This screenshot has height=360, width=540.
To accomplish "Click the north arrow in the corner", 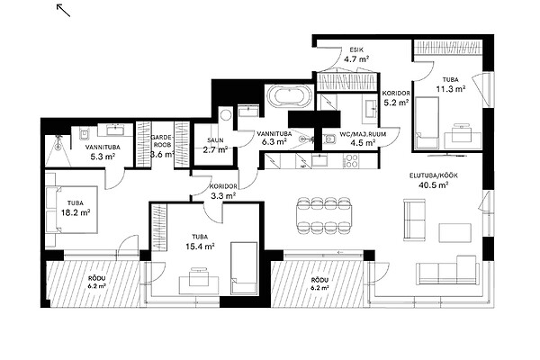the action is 63,10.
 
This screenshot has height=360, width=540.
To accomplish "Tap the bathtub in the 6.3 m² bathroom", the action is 290,95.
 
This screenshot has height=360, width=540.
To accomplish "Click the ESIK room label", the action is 356,49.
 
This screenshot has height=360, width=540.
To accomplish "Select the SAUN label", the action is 215,140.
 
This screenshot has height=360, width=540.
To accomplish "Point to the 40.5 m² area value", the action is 433,185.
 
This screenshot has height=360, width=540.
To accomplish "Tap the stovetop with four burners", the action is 352,161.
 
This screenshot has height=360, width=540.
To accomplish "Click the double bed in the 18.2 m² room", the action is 72,210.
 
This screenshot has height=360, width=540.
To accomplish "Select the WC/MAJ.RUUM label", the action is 363,134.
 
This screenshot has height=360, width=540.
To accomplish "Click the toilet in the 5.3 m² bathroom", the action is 84,134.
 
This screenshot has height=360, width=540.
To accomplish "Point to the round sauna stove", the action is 226,115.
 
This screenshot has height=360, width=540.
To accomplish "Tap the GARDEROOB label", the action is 161,140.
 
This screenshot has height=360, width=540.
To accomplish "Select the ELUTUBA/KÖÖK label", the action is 434,175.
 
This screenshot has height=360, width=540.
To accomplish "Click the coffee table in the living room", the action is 454,233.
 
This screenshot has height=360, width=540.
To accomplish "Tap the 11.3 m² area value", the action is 451,89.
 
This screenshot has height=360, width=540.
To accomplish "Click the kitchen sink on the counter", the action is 321,160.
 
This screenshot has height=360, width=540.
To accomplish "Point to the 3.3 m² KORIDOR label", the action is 223,191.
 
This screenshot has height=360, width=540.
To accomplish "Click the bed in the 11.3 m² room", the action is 427,123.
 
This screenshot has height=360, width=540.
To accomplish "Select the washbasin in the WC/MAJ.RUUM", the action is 371,108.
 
